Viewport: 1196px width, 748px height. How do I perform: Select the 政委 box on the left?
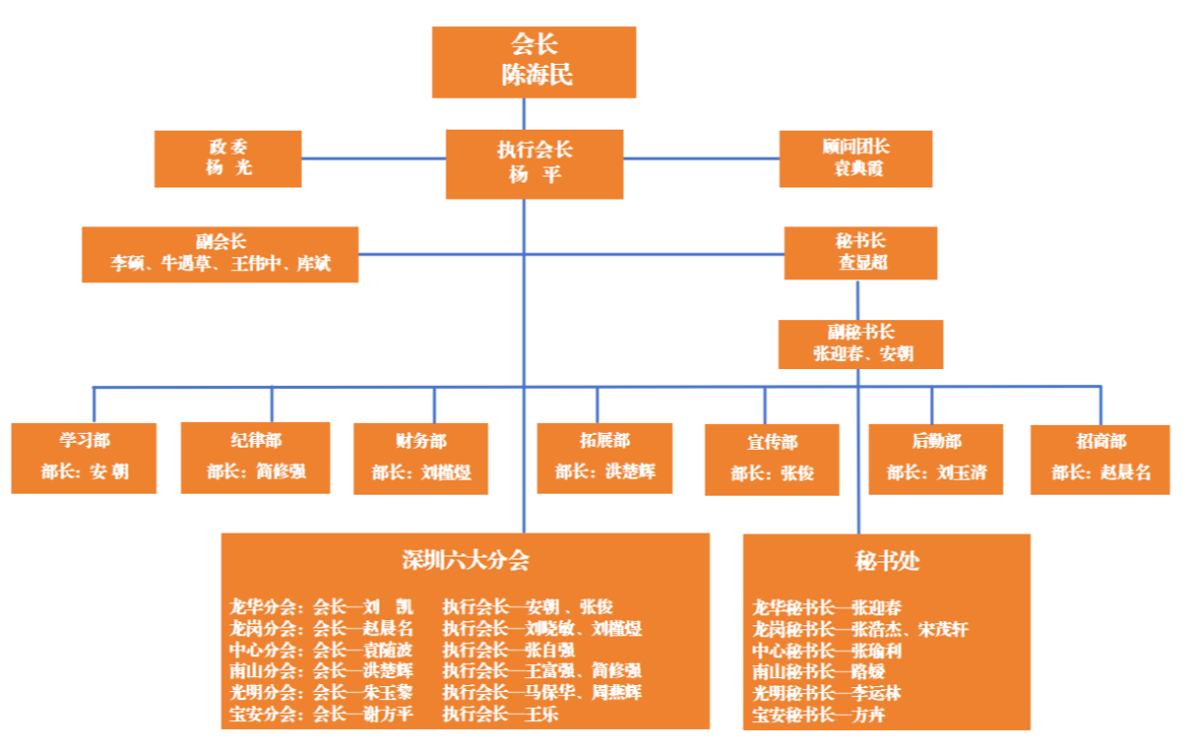coord(228,159)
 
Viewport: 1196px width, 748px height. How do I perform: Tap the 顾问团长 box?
coord(856,159)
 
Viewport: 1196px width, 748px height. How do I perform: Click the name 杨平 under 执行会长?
coord(535,175)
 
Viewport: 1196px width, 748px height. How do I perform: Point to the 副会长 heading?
coord(220,242)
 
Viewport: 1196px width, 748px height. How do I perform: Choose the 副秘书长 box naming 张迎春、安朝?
coord(861,344)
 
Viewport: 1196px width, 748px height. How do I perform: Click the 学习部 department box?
coord(85,458)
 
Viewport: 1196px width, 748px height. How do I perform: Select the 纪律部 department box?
coord(255,458)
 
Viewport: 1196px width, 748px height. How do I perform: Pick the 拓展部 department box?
coord(605,458)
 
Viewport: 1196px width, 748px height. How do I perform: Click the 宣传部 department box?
coord(772,460)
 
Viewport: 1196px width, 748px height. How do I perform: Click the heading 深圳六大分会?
coord(465,560)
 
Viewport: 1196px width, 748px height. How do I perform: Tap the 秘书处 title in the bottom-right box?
coord(887,561)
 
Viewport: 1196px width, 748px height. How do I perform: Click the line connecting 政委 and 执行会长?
coord(374,159)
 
